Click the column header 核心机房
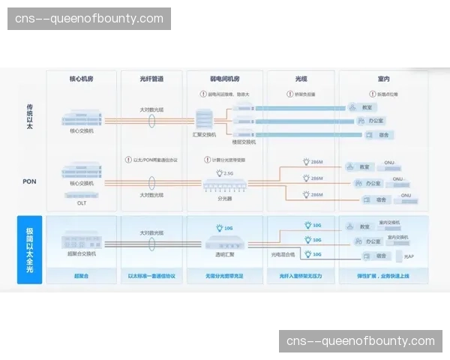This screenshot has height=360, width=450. pyautogui.click(x=82, y=78)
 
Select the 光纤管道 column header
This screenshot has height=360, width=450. pyautogui.click(x=152, y=78)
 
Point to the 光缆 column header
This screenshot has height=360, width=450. pyautogui.click(x=301, y=78)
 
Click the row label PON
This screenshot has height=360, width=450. pyautogui.click(x=29, y=181)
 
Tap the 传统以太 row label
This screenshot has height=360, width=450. pyautogui.click(x=29, y=115)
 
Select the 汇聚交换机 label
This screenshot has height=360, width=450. pyautogui.click(x=205, y=135)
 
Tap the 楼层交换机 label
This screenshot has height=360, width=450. pyautogui.click(x=244, y=141)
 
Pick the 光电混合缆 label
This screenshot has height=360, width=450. pyautogui.click(x=283, y=254)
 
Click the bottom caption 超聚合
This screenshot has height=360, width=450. pyautogui.click(x=82, y=276)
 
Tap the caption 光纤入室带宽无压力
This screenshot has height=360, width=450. pyautogui.click(x=301, y=276)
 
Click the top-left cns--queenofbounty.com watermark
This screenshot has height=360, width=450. pyautogui.click(x=89, y=18)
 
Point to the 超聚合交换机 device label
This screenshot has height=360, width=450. pyautogui.click(x=82, y=253)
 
